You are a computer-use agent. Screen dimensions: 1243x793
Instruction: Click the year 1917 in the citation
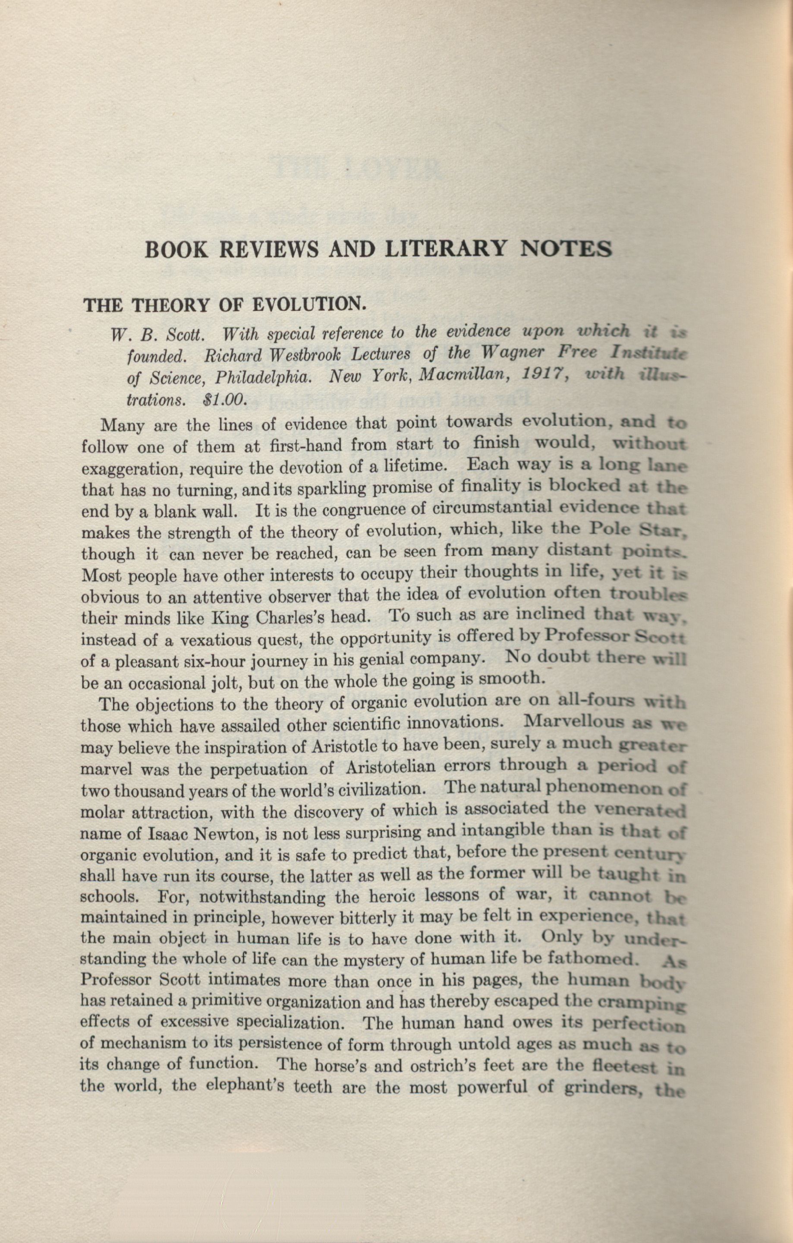(532, 375)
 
